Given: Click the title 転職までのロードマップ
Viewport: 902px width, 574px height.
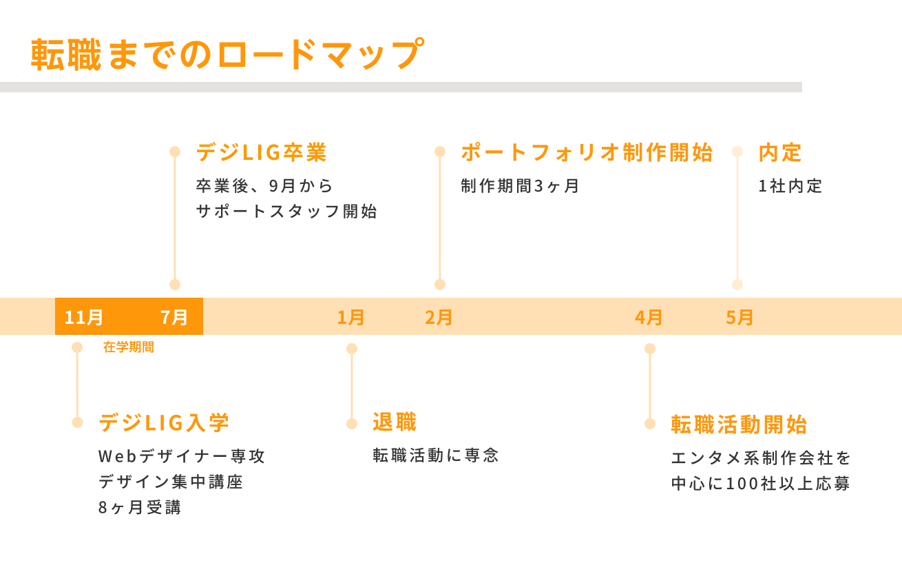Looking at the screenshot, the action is click(228, 54).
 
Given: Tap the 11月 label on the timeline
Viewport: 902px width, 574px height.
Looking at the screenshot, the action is click(84, 318).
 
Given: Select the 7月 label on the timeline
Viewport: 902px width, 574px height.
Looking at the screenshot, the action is click(174, 318).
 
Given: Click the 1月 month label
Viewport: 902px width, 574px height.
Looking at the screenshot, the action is click(350, 318).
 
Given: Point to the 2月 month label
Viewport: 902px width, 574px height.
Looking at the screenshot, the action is click(439, 318).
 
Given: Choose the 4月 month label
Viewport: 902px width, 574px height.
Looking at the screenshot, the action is click(649, 318).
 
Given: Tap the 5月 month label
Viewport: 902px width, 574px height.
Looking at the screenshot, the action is click(740, 318).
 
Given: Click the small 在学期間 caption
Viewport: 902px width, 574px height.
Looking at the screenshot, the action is click(129, 347).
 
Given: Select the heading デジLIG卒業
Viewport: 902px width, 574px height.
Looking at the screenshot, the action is click(262, 152).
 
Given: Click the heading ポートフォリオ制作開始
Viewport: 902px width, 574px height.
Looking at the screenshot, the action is click(587, 152).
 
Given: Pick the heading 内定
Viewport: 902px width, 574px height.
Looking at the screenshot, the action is click(780, 153).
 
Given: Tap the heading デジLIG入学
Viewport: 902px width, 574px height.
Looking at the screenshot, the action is click(164, 423).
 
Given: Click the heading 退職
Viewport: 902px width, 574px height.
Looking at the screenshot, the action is click(395, 422).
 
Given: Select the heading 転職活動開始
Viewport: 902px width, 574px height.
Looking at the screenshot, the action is click(740, 424).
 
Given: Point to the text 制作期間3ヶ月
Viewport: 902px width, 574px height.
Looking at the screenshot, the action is click(520, 186).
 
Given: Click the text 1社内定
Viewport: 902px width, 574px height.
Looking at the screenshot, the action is click(790, 186).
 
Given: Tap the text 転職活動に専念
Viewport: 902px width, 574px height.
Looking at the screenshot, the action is click(436, 455).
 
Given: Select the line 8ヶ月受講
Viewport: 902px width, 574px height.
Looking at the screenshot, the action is click(140, 507).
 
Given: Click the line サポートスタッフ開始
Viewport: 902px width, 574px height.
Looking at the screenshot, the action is click(286, 212).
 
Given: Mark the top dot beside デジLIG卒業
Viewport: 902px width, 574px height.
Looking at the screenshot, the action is click(175, 152).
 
